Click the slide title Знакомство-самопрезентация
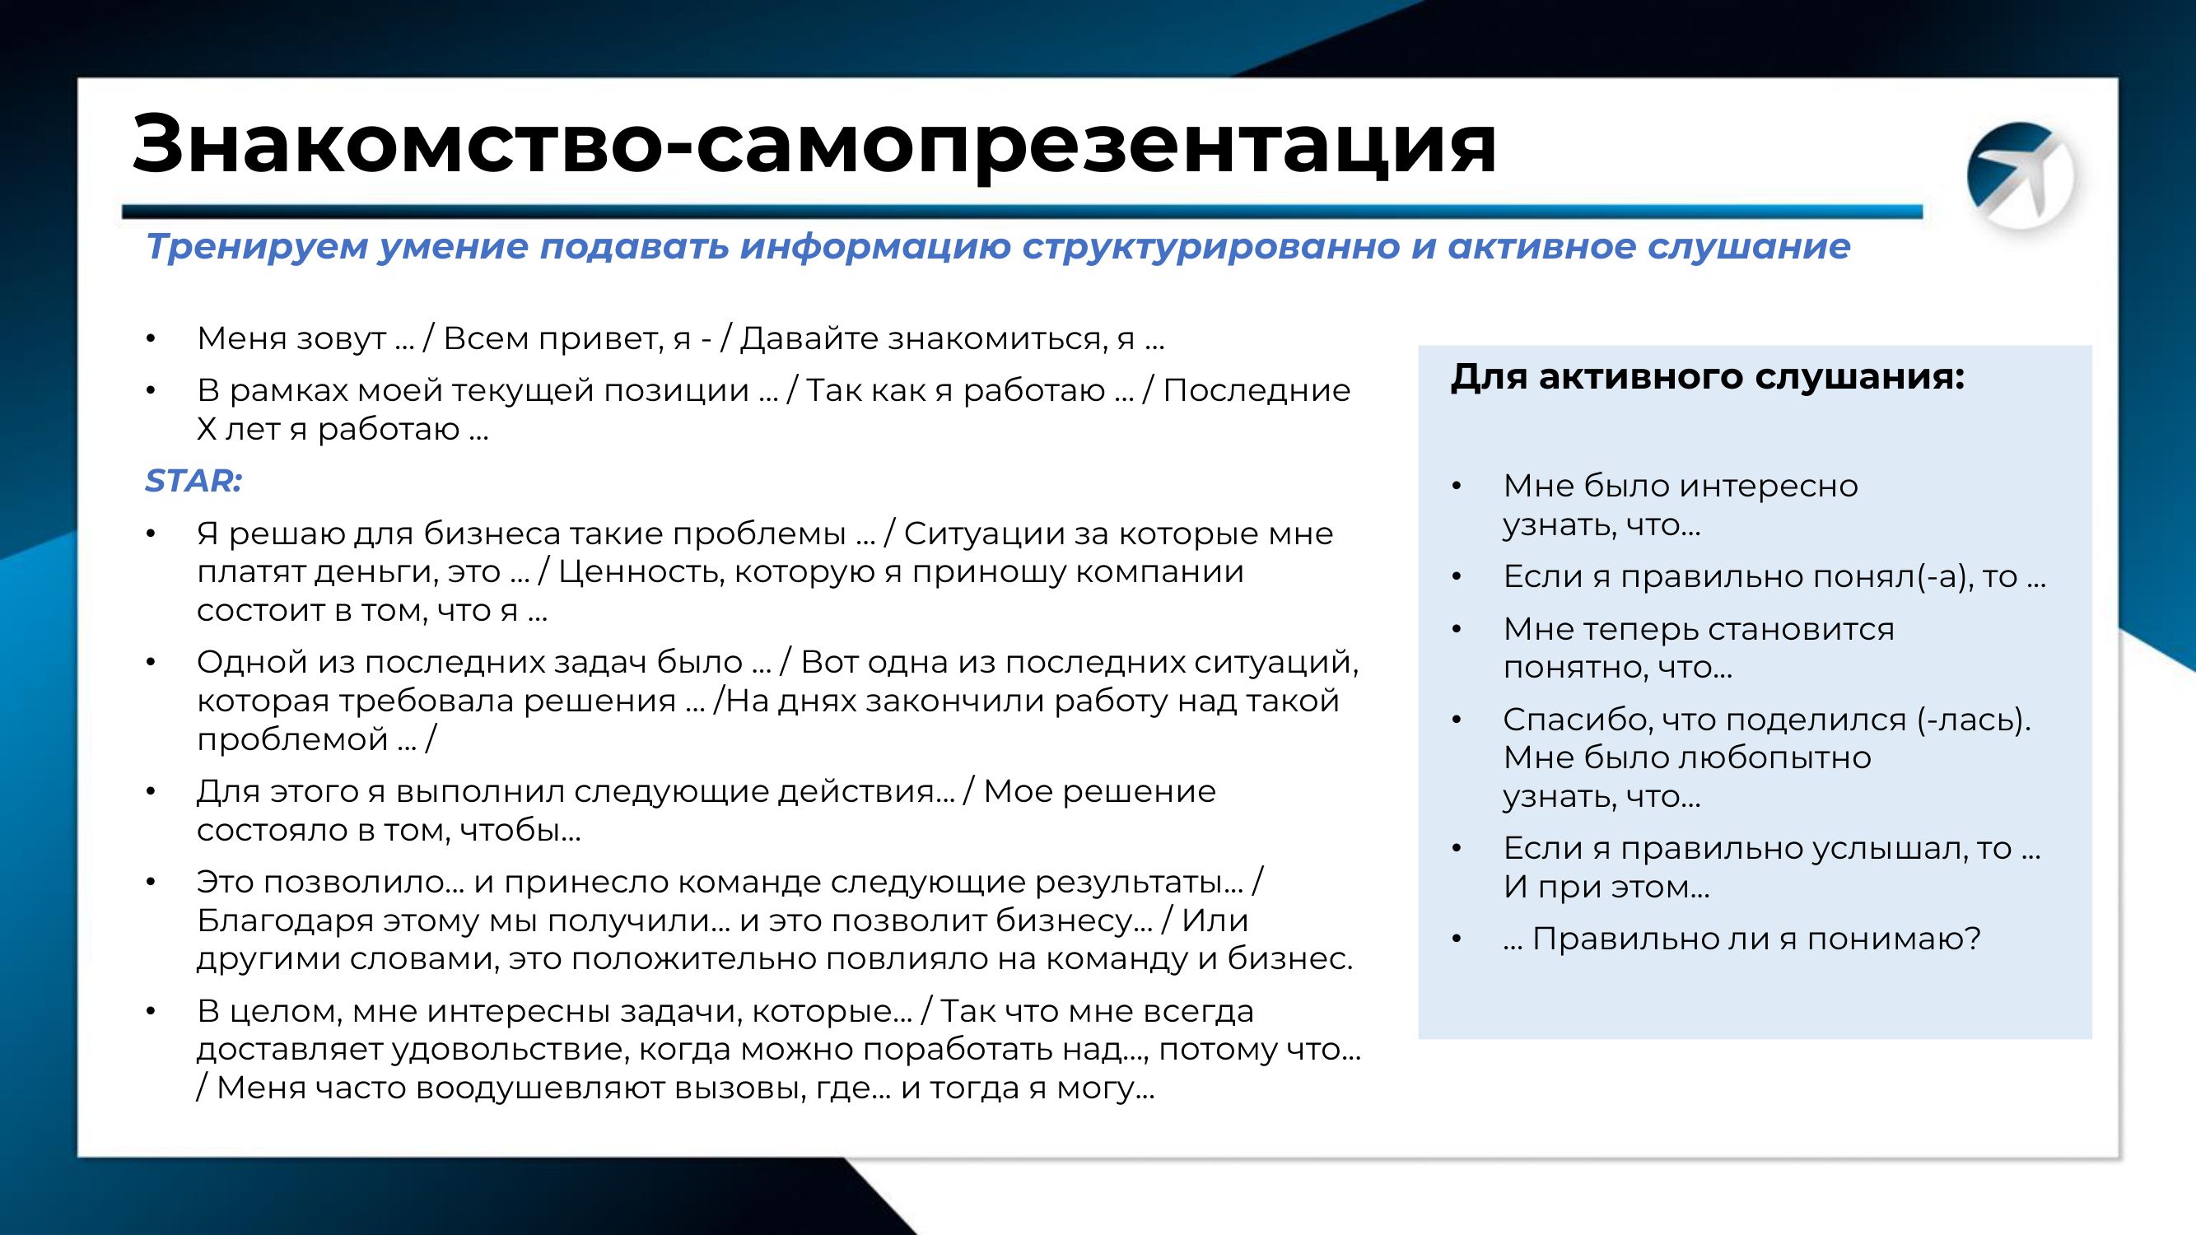pyautogui.click(x=814, y=142)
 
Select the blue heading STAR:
pyautogui.click(x=193, y=481)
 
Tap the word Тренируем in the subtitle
pyautogui.click(x=256, y=246)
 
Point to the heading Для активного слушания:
pyautogui.click(x=1708, y=376)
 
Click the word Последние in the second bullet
pyautogui.click(x=1257, y=390)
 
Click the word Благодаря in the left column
pyautogui.click(x=286, y=921)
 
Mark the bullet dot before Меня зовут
pyautogui.click(x=151, y=339)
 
